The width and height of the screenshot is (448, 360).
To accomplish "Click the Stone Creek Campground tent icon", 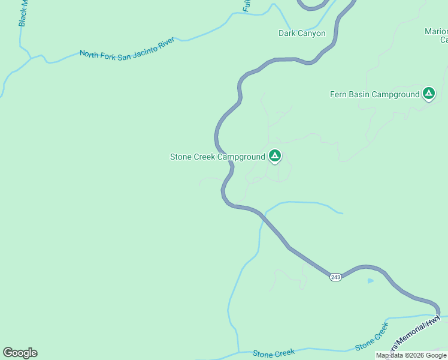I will tap(274, 157).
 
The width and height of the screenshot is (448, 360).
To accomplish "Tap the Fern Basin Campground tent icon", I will tap(428, 94).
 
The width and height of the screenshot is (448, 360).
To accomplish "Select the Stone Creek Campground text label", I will tap(217, 157).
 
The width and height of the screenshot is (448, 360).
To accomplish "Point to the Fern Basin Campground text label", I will tap(375, 94).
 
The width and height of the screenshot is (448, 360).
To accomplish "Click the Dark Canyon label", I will tap(302, 34).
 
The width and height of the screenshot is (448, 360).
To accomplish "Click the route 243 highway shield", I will tap(335, 277).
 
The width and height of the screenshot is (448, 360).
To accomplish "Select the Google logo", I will tap(20, 353).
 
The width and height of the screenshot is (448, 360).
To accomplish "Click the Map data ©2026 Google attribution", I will tap(411, 356).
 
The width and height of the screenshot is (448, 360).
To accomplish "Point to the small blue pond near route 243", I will tap(370, 280).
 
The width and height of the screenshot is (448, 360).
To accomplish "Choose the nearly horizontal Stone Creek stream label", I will tap(274, 354).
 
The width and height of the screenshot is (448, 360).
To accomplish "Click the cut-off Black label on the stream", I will tap(23, 13).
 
